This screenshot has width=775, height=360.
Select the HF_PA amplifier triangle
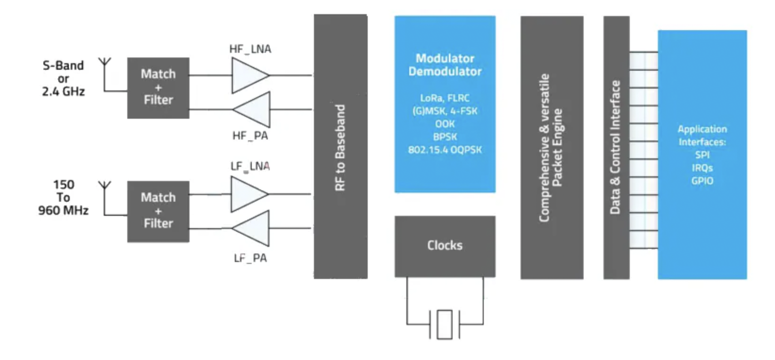tap(254, 109)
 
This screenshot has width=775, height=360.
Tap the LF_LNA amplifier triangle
tap(247, 194)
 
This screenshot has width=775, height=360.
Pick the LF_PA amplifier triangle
tap(253, 229)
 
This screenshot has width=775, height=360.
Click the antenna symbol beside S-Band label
tap(105, 64)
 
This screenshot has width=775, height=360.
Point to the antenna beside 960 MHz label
tap(105, 187)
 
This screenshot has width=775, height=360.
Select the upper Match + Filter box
tap(158, 88)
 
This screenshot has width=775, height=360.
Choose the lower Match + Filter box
tap(158, 211)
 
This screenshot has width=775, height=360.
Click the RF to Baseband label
tap(340, 147)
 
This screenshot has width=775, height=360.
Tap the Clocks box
tap(445, 245)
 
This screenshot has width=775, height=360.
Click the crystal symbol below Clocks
tap(445, 324)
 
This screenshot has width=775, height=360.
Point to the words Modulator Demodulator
tap(445, 65)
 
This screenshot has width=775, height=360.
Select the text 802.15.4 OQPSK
tap(445, 150)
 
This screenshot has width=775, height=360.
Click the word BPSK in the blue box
tap(445, 137)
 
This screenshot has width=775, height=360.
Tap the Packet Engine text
tap(557, 147)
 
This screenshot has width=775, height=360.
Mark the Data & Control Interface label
tap(615, 147)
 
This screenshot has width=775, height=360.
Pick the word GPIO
tap(702, 181)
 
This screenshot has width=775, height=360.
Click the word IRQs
tap(702, 168)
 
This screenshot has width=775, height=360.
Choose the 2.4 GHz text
tap(63, 91)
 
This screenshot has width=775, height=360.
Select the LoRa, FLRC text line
tap(445, 98)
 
